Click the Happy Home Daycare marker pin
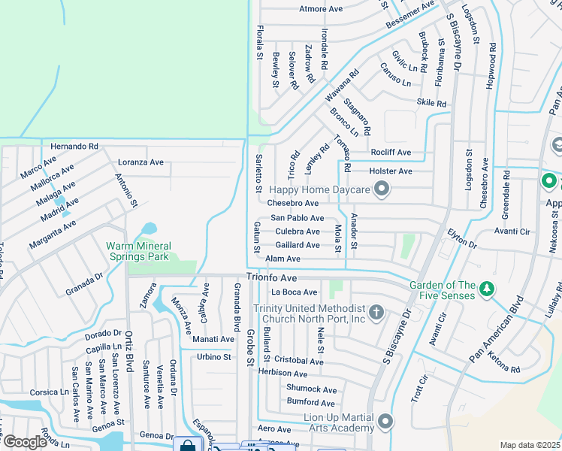click(382, 189)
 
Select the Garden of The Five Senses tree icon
click(487, 289)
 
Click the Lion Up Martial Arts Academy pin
click(386, 421)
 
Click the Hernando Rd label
click(74, 147)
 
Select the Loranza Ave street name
click(140, 162)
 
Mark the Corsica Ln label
click(49, 392)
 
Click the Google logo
click(24, 441)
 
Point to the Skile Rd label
click(431, 103)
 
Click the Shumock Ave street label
click(311, 389)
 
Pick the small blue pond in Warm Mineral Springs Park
click(148, 229)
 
